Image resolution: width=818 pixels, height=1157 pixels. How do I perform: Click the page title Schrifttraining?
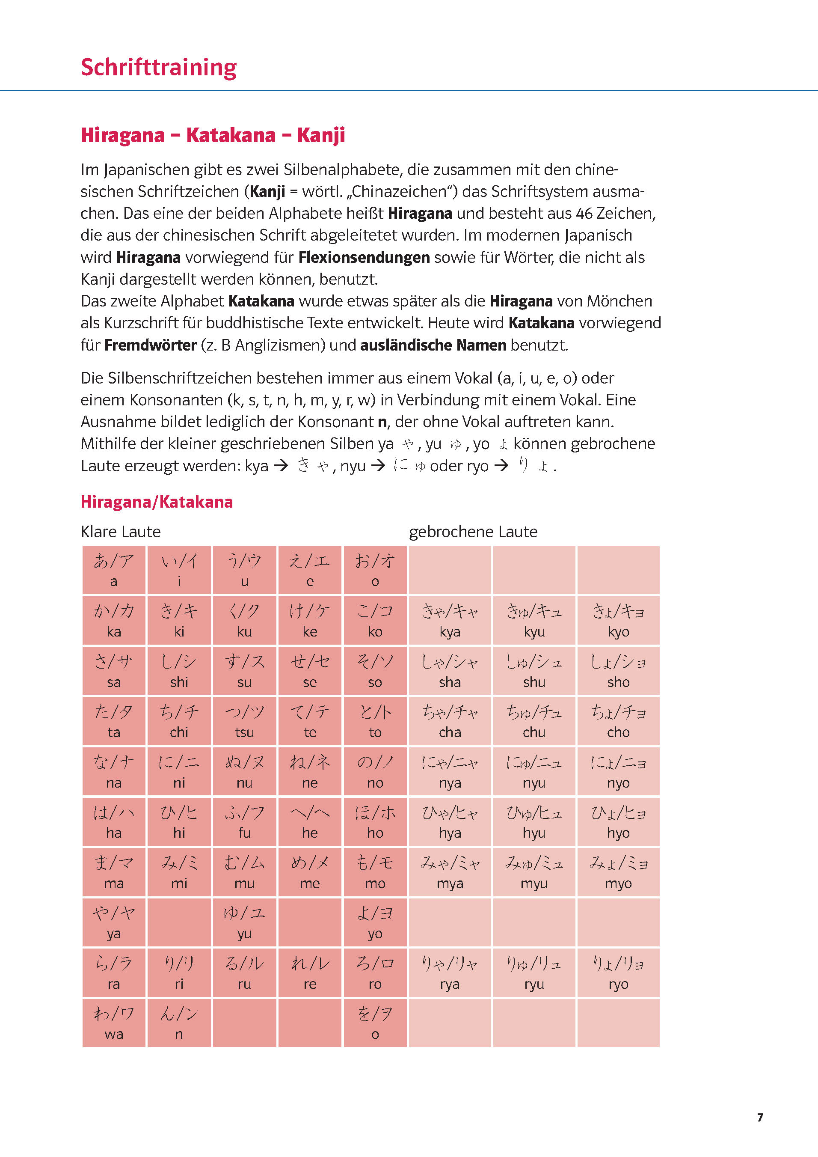point(158,68)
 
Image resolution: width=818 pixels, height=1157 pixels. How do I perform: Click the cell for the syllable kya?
point(449,620)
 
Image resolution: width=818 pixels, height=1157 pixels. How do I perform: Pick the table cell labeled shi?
point(179,671)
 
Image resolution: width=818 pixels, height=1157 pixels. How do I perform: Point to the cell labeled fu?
point(244,822)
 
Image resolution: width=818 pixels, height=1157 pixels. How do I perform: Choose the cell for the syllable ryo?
point(618,973)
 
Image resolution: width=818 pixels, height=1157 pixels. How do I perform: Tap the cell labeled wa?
point(114,1023)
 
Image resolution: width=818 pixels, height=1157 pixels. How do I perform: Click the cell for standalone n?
point(179,1023)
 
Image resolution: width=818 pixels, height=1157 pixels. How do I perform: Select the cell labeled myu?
point(534,872)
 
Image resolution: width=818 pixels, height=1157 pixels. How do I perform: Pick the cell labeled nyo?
point(618,771)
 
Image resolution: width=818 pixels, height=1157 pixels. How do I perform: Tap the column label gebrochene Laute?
point(473,532)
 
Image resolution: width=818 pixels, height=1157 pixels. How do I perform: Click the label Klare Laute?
point(121,532)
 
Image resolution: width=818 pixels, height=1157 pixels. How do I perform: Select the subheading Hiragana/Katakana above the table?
point(157,502)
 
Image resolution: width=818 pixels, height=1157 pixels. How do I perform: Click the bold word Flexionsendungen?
point(364,258)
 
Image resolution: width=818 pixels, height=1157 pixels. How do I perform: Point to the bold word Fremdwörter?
point(150,345)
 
